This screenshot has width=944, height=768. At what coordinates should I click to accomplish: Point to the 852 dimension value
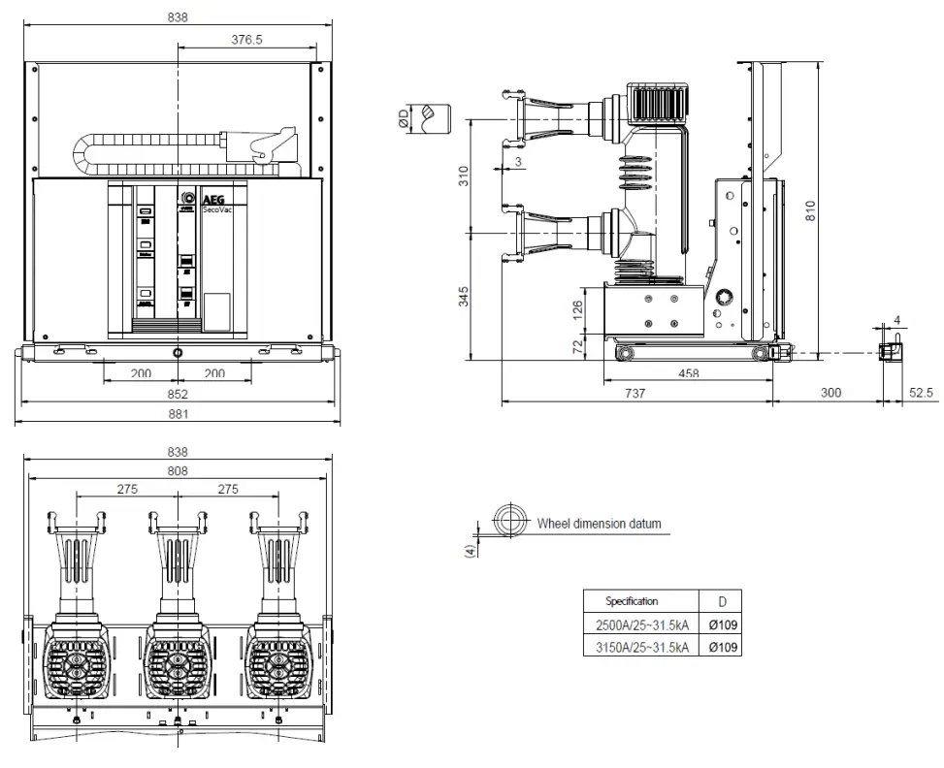coord(178,395)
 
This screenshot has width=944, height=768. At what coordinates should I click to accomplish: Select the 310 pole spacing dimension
coord(464,176)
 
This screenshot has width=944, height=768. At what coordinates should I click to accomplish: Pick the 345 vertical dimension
coord(464,296)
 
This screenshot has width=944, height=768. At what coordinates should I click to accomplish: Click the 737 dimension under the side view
coord(635,393)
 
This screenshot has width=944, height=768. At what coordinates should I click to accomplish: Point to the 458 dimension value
coord(689,373)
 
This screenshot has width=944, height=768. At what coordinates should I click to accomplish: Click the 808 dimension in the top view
coord(178,470)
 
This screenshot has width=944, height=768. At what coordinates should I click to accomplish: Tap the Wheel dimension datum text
coord(599,524)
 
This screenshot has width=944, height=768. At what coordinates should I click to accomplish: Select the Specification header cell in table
coord(633,601)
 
